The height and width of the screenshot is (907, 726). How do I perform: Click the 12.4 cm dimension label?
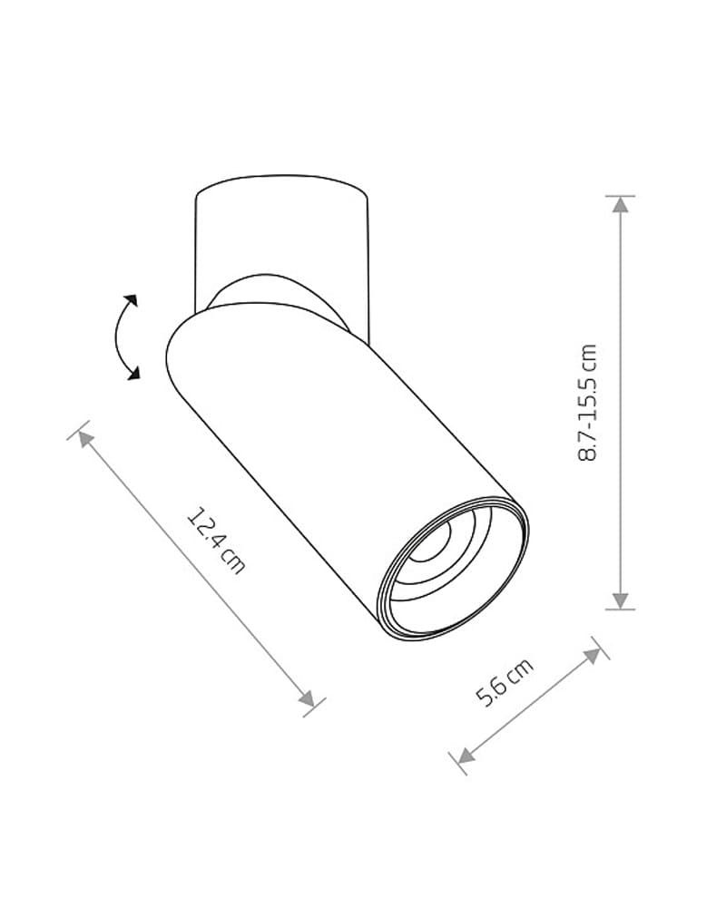216,541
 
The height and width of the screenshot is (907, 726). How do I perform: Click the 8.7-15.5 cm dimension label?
587,403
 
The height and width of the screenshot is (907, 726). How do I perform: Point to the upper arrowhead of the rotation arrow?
131,300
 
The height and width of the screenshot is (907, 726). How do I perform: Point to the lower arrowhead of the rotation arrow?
133,374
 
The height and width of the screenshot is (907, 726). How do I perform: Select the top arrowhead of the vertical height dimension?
621,205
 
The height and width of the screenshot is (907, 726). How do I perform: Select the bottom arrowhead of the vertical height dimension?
621,601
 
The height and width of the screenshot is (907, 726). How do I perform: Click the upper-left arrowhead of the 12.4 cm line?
85,439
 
